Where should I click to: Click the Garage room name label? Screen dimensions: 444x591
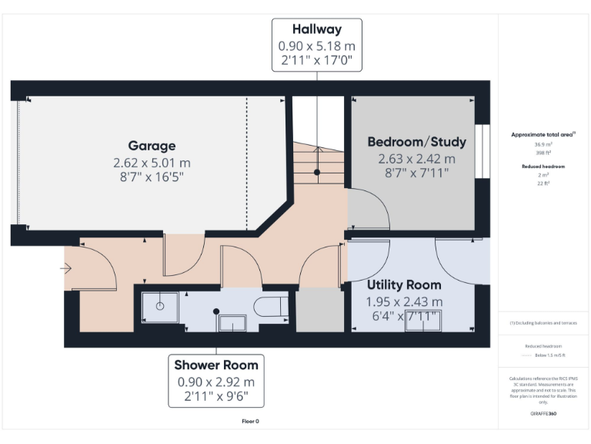(152, 146)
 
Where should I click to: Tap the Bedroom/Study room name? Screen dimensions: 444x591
(416, 142)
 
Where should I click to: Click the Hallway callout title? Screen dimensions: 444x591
(316, 30)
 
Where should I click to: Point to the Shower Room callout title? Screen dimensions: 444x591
(215, 365)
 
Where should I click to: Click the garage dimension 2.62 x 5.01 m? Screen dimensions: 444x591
(152, 163)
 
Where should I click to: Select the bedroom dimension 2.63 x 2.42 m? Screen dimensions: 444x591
(416, 159)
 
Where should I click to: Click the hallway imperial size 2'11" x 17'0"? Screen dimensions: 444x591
(316, 61)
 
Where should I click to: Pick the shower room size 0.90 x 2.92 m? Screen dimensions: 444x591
(215, 382)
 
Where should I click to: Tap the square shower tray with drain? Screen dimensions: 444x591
(160, 305)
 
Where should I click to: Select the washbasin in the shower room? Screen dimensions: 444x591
(232, 323)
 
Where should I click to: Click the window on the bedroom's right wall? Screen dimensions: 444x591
(482, 150)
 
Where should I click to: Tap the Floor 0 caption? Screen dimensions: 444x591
(251, 422)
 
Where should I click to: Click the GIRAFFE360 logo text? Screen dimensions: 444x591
(543, 414)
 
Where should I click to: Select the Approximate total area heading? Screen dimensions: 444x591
(543, 134)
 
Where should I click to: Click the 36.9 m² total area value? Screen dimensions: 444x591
(543, 144)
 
